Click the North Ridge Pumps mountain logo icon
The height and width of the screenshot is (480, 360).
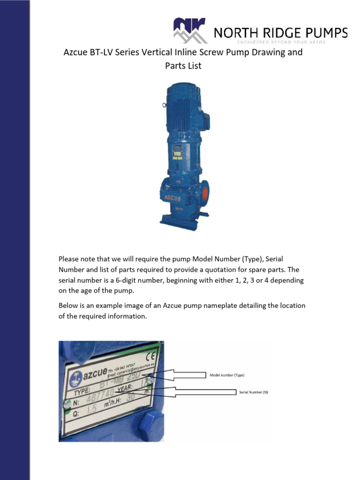click(189, 30)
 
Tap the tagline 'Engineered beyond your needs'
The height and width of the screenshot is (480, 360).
click(280, 42)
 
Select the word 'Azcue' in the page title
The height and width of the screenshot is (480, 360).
click(75, 52)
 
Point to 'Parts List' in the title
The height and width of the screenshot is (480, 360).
click(183, 66)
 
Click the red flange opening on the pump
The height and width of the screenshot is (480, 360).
click(204, 192)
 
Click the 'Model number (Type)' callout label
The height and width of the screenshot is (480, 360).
click(227, 375)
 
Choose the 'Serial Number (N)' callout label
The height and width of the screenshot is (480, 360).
click(254, 391)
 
